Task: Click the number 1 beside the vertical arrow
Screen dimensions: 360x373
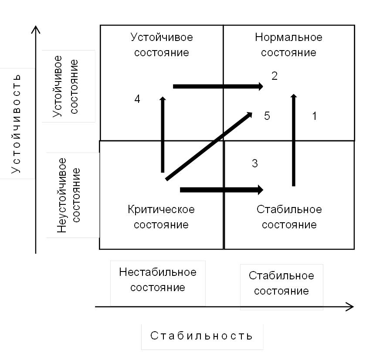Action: (x=315, y=116)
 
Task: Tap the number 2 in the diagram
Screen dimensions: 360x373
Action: (x=275, y=76)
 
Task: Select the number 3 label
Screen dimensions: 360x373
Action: (x=255, y=163)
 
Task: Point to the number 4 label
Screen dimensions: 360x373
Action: (x=137, y=99)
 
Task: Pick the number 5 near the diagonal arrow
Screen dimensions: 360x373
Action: (x=267, y=116)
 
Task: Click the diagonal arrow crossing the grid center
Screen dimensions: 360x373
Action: (x=209, y=146)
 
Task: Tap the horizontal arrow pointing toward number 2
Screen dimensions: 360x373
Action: (x=218, y=86)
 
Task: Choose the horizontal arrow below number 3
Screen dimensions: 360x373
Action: (x=221, y=190)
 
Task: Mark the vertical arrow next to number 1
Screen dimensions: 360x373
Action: (x=293, y=139)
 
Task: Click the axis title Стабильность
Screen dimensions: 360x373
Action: (x=202, y=336)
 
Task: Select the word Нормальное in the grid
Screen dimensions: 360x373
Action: (x=288, y=37)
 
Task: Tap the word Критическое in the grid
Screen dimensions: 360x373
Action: (x=161, y=210)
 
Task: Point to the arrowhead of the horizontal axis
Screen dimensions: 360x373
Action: (x=350, y=306)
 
